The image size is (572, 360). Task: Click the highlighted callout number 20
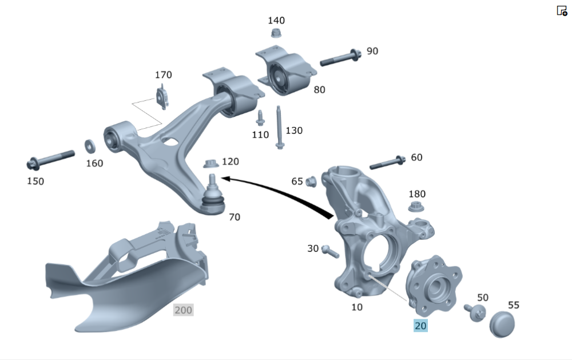[420, 326]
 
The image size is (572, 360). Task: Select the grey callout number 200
[183, 310]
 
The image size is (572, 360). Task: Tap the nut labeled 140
[276, 34]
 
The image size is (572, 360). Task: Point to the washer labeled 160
[90, 146]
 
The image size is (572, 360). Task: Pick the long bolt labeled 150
[50, 160]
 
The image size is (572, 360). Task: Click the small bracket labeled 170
[162, 97]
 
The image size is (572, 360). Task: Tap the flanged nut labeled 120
[211, 164]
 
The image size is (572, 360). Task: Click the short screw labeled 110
[260, 117]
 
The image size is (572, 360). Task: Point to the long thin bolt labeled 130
[279, 128]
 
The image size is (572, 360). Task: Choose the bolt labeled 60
[387, 163]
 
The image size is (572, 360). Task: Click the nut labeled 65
[311, 181]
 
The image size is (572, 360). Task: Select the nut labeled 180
[416, 206]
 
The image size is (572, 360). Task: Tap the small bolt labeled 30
[331, 251]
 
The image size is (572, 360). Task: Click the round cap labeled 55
[502, 324]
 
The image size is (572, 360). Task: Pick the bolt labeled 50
[475, 312]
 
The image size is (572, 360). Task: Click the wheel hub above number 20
[434, 286]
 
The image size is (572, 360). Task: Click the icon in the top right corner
[562, 10]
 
